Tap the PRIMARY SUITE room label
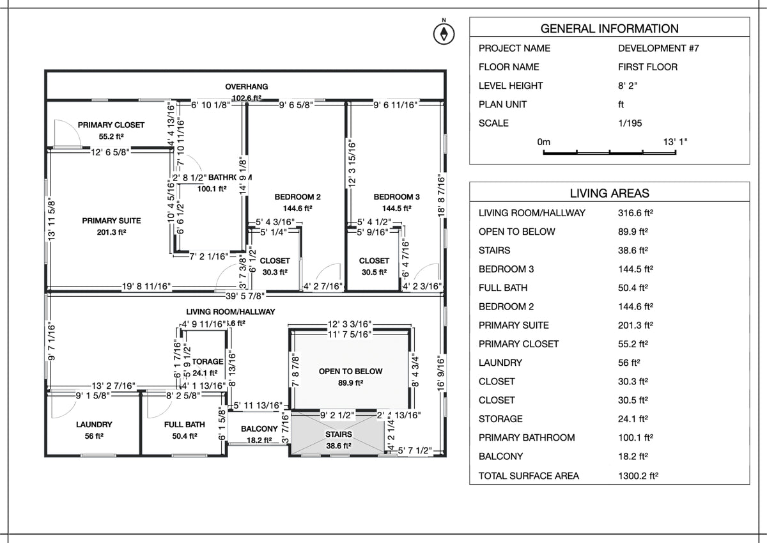click(x=111, y=221)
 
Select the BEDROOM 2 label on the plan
click(x=298, y=197)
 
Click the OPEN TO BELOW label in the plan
click(x=350, y=372)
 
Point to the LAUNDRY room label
click(x=94, y=425)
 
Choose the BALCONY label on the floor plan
click(x=259, y=429)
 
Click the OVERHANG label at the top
click(x=246, y=86)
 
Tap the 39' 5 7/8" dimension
click(x=245, y=295)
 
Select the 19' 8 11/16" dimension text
click(x=146, y=287)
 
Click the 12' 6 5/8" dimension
click(x=111, y=152)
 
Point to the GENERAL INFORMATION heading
click(x=609, y=28)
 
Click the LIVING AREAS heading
click(x=609, y=193)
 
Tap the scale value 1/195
click(x=630, y=123)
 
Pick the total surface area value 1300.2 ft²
click(x=638, y=475)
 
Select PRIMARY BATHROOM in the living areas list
click(x=526, y=437)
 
